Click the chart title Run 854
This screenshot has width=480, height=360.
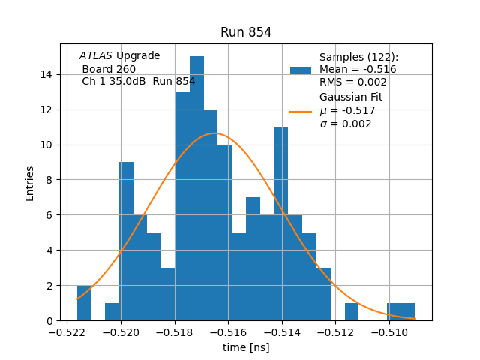coord(246,32)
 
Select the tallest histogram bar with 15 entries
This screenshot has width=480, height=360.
coord(196,187)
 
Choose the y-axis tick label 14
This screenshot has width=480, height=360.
coord(46,74)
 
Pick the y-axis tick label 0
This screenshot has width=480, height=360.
coord(49,320)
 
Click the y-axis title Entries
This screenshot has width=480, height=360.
coord(30,182)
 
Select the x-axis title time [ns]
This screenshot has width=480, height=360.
coord(246,347)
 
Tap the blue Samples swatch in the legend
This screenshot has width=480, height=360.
coord(300,70)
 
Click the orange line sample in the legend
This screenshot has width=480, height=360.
coord(300,112)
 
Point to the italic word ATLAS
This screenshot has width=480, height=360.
coord(96,55)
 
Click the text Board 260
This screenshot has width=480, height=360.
coord(109,69)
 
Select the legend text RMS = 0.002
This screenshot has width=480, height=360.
coord(353,82)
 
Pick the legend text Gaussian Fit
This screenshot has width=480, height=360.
coord(351,97)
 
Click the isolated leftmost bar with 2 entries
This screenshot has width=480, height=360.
coord(84,303)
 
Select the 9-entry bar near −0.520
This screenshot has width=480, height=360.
coord(126,240)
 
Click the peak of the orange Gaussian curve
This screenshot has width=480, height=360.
coord(214,133)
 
